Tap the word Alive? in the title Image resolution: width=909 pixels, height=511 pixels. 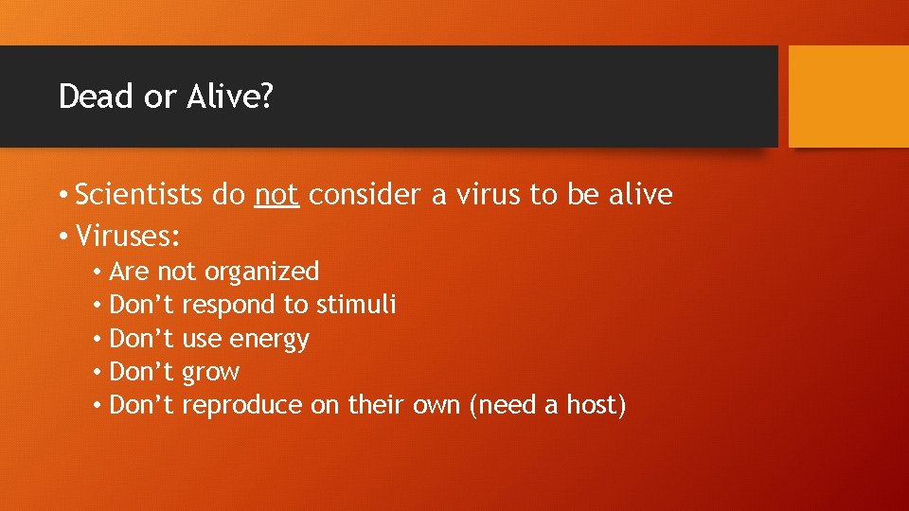tap(228, 97)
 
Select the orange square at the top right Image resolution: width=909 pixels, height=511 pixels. tap(848, 97)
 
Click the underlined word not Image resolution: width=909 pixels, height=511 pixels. tap(277, 196)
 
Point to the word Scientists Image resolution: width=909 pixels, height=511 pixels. tap(138, 196)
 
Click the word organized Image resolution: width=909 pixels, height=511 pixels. tap(262, 273)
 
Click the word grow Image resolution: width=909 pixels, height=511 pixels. tap(210, 373)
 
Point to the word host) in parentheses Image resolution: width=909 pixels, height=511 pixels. tap(597, 406)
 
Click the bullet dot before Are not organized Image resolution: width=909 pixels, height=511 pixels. tap(98, 273)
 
